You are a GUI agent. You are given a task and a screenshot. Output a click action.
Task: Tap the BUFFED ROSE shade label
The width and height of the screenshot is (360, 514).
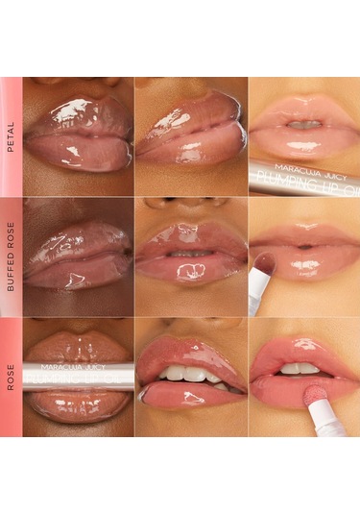click(x=10, y=257)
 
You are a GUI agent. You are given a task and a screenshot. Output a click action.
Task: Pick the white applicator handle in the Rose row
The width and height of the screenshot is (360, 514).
click(x=328, y=420)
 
